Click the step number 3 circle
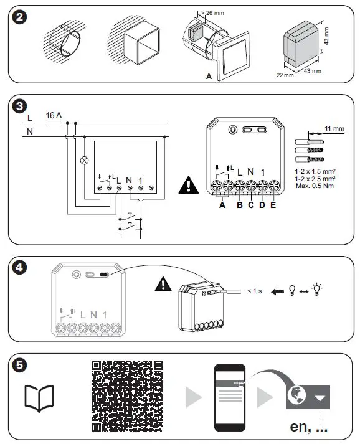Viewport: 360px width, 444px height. point(21,106)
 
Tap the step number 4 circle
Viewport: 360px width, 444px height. point(21,268)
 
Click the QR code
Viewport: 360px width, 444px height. point(127,397)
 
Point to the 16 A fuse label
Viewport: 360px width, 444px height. point(54,115)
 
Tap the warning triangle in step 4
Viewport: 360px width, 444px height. point(164,285)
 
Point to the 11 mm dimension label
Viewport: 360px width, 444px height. point(334,129)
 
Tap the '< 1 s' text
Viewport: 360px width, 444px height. point(255,290)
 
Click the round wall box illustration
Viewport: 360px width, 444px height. point(62,39)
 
